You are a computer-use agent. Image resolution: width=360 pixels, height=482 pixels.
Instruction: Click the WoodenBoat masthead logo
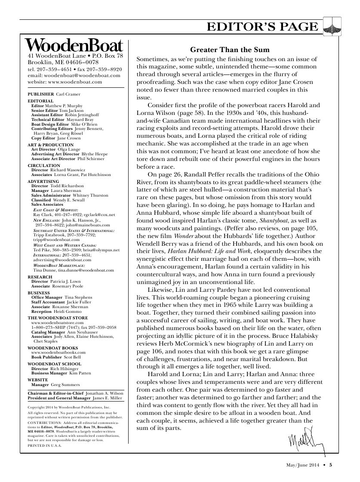click(x=74, y=45)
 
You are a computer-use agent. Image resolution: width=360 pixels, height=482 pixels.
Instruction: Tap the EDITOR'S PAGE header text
click(x=262, y=27)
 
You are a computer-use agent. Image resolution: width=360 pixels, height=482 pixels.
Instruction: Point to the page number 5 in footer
click(x=331, y=464)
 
